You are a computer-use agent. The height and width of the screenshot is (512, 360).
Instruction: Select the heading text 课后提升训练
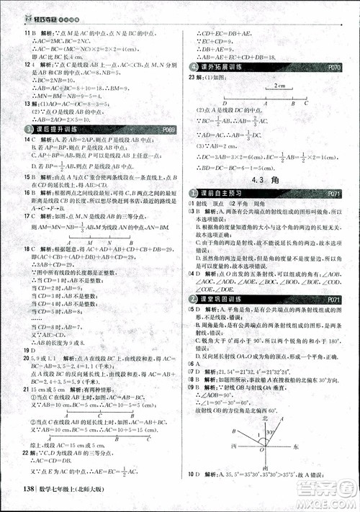(53, 130)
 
